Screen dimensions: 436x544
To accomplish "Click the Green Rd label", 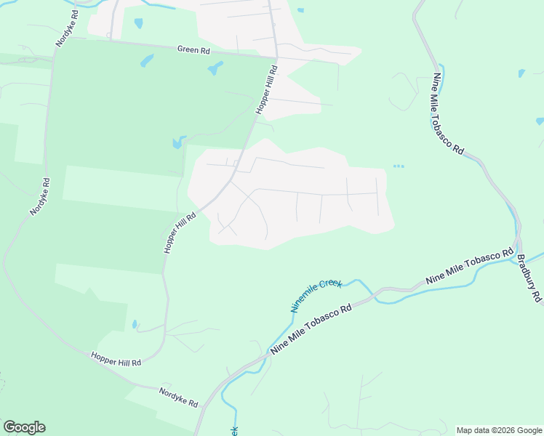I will (193, 50).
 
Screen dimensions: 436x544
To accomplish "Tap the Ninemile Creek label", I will (316, 295).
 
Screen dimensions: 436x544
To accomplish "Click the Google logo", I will (24, 427).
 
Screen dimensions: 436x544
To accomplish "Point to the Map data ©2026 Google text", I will (499, 430).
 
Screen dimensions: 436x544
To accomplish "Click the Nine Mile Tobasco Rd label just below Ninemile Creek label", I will (311, 329).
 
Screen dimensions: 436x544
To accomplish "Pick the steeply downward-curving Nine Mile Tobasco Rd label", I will (448, 113).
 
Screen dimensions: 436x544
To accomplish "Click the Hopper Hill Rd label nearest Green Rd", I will (267, 89).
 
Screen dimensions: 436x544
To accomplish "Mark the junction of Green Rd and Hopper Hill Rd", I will (276, 57).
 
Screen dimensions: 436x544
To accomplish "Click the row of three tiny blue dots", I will (398, 166).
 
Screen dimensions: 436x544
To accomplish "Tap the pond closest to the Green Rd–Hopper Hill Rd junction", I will (215, 70).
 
